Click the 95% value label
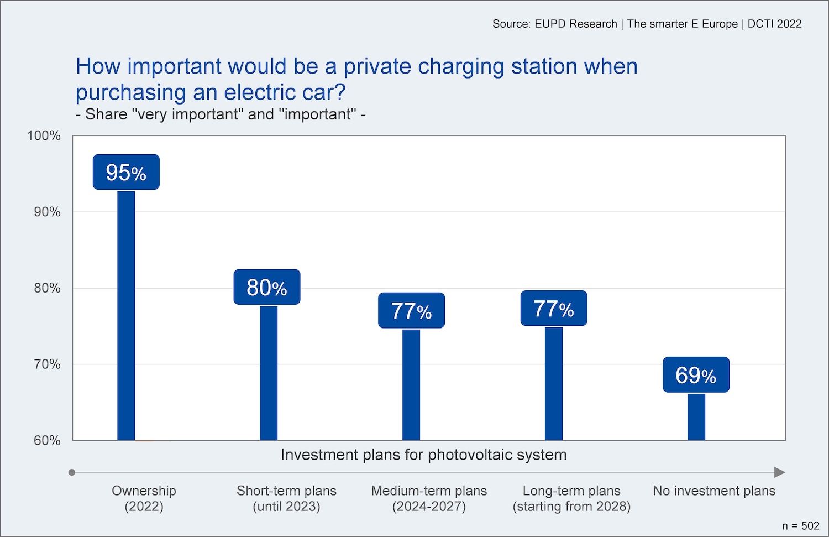[x=126, y=173]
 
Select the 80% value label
[x=267, y=287]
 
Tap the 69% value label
[x=696, y=375]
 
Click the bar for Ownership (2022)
[x=126, y=315]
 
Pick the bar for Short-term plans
[x=269, y=373]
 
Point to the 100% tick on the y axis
[x=44, y=135]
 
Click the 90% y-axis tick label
[x=47, y=212]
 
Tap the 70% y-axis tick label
[x=47, y=364]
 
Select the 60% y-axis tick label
[x=47, y=440]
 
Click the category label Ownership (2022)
[x=144, y=498]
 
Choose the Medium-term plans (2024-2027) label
[x=429, y=498]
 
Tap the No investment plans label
[x=714, y=491]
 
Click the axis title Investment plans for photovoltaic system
[x=423, y=455]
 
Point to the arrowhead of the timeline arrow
[x=779, y=472]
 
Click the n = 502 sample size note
[x=800, y=526]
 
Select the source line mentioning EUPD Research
[x=647, y=24]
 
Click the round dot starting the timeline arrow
[x=72, y=472]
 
